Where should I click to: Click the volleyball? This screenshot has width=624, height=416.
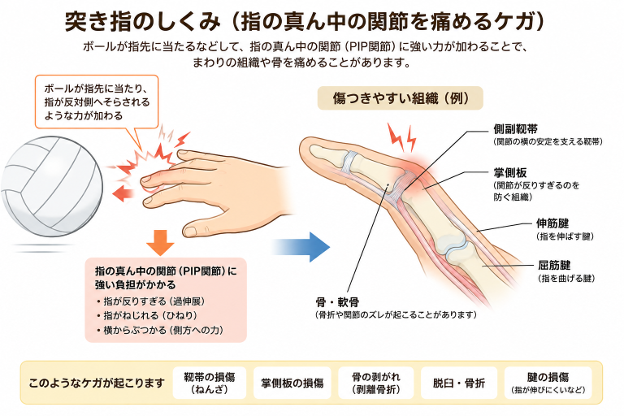(x=52, y=186)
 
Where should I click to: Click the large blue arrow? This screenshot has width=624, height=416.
(x=301, y=247)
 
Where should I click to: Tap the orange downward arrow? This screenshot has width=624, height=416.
(x=160, y=242)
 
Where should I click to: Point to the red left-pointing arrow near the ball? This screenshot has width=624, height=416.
(x=123, y=193)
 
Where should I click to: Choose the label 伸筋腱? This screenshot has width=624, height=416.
(x=552, y=223)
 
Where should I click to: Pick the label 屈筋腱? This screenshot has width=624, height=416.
(x=554, y=265)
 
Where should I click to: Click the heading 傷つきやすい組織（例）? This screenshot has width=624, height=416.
(x=400, y=98)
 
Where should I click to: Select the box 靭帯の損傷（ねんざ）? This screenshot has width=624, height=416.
(x=210, y=383)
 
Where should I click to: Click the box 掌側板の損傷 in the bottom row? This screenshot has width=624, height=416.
(x=292, y=383)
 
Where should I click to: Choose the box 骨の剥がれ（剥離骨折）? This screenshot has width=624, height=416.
(x=376, y=383)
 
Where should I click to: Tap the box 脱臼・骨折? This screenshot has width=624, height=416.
(x=459, y=383)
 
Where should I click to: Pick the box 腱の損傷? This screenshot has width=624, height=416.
(x=548, y=383)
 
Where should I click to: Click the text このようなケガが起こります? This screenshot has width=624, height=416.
(x=97, y=383)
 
